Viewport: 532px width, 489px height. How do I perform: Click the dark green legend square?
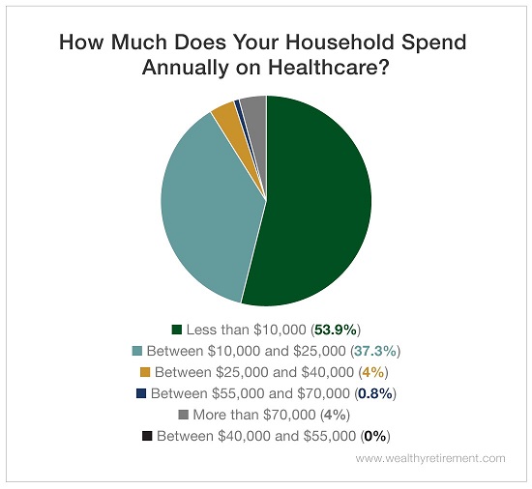[177, 330]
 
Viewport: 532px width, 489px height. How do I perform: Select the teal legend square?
[136, 351]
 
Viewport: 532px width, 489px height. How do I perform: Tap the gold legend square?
[145, 372]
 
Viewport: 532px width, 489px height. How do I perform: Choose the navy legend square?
[141, 393]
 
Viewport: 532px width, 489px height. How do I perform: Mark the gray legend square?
[183, 415]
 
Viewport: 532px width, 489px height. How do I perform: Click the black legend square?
[147, 436]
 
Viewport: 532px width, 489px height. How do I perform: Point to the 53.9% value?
[336, 330]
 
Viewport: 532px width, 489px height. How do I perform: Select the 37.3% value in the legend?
[375, 351]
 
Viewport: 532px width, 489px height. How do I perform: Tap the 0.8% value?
[375, 393]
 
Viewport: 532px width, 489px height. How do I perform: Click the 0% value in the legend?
[375, 436]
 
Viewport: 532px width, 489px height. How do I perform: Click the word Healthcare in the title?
[329, 67]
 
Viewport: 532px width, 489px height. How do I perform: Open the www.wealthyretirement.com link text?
[430, 458]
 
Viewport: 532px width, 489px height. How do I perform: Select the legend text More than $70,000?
[254, 415]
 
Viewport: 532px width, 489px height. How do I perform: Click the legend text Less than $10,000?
[247, 330]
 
